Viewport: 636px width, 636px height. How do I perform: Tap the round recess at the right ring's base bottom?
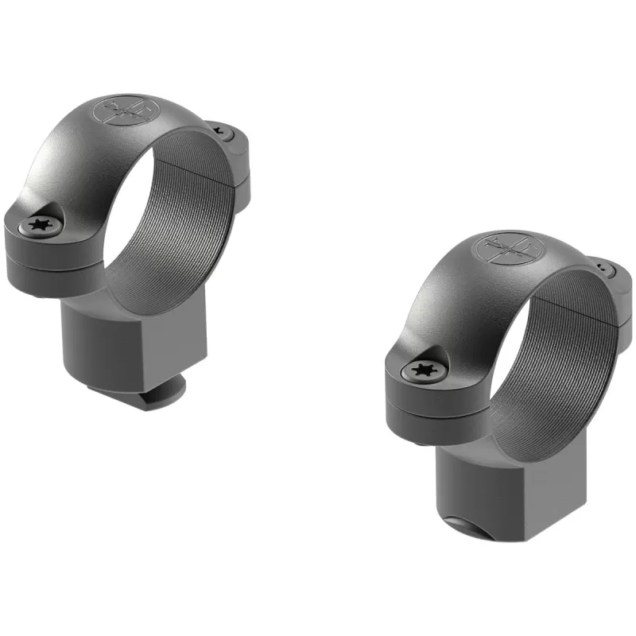click(469, 525)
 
